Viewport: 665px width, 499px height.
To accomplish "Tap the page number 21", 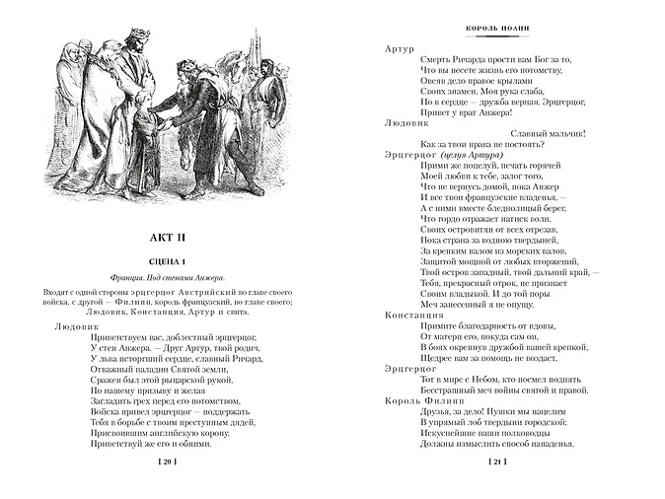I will pyautogui.click(x=497, y=462).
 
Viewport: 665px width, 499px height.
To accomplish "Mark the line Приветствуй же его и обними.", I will pyautogui.click(x=130, y=442).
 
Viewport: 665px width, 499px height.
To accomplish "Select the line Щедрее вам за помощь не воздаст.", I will pyautogui.click(x=502, y=359).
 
